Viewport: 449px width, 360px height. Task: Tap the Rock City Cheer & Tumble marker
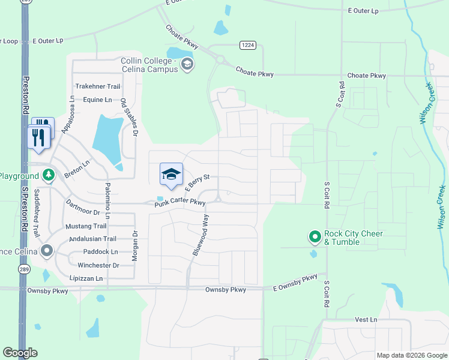(x=315, y=238)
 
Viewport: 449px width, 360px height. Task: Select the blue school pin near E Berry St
(x=171, y=174)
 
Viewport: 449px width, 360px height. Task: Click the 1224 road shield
(x=247, y=45)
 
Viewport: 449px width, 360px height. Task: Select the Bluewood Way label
(x=200, y=235)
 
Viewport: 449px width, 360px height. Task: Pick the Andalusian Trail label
(x=93, y=239)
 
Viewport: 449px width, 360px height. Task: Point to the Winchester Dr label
(x=98, y=265)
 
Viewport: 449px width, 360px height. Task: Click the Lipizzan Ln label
(x=87, y=278)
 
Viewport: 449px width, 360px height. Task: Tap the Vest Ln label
(x=365, y=320)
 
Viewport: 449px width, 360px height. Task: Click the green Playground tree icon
(x=50, y=176)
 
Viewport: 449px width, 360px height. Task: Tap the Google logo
(x=20, y=353)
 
